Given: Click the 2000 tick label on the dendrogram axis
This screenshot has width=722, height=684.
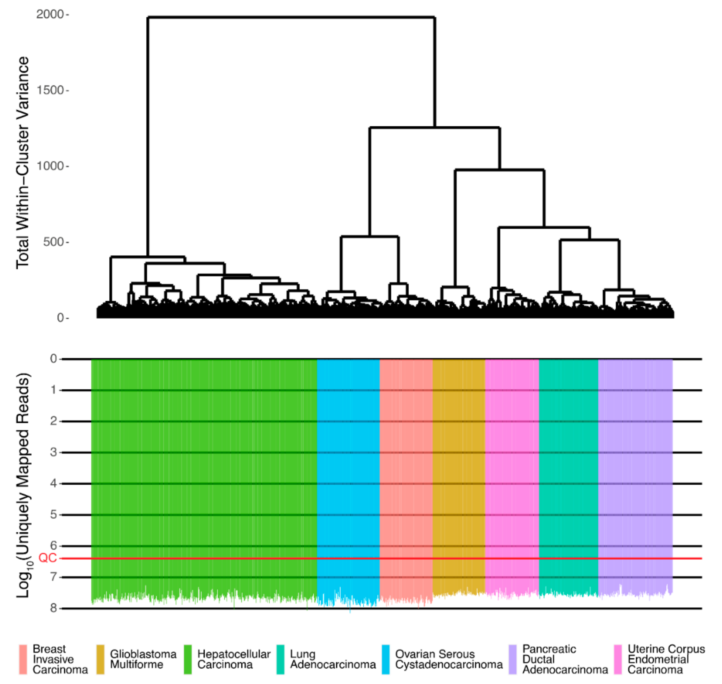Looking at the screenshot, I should pos(50,15).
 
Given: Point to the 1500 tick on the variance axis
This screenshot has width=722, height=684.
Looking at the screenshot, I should pos(50,90).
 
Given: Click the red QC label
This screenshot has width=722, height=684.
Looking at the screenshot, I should pos(48,558).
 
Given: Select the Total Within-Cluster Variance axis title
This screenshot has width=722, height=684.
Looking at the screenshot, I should pos(23,163).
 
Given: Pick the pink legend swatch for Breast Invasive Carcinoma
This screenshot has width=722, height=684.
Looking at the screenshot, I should pos(23,659).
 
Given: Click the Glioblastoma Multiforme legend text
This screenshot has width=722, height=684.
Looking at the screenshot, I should pos(143,659).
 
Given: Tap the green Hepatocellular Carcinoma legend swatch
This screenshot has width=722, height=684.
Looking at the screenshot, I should pos(188,659).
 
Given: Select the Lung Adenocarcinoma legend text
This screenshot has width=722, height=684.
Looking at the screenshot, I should pos(332,659).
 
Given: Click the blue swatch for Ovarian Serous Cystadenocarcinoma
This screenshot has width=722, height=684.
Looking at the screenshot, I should pos(385,659).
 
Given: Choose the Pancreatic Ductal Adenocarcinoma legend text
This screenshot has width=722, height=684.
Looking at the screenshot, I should pos(565,659).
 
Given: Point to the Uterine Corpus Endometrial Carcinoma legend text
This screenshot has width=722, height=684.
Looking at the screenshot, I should pos(666,659).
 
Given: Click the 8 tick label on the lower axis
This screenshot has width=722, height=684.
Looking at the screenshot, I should pos(54,608).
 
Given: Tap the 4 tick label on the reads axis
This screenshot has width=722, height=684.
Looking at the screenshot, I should pos(54,483).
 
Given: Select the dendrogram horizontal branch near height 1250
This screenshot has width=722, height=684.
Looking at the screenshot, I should pos(434,128).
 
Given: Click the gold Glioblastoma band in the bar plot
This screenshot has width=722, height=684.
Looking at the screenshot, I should pos(459,474).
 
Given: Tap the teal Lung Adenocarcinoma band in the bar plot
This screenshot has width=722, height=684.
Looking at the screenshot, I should pos(568,474).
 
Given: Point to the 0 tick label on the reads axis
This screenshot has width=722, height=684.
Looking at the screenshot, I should pos(54,359).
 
